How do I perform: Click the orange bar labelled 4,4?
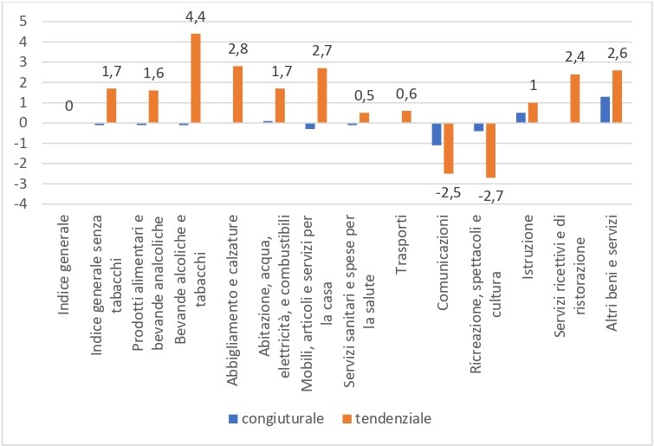[x=196, y=78]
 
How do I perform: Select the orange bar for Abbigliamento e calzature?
[x=238, y=94]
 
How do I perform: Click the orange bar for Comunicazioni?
[x=449, y=148]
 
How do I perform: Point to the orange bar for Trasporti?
[x=406, y=117]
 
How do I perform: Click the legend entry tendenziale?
[x=389, y=418]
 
